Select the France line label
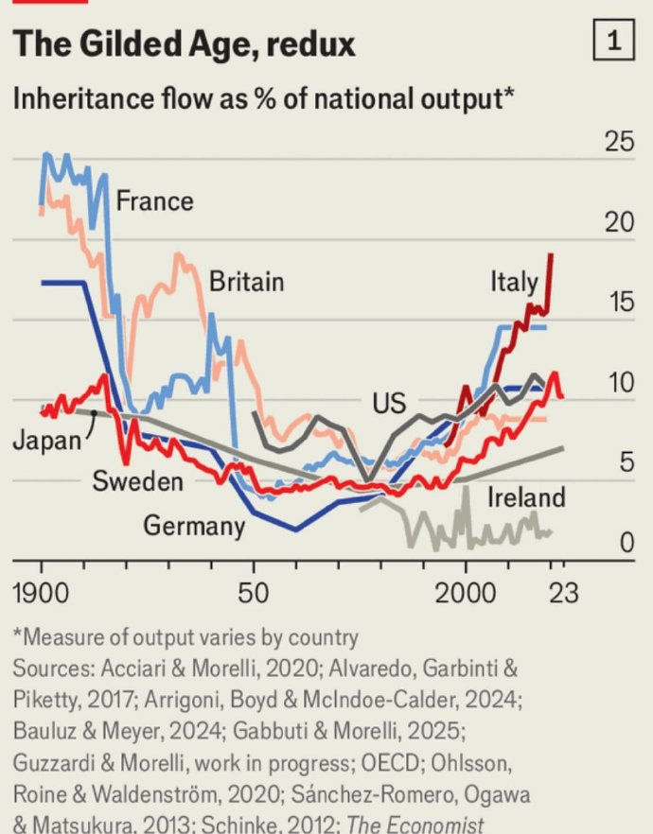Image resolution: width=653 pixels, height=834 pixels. point(154,200)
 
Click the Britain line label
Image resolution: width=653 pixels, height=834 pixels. point(246,281)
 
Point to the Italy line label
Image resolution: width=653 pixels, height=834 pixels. point(514,281)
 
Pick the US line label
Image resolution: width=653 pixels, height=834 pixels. point(388,404)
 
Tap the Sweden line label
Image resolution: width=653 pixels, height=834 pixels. point(137,481)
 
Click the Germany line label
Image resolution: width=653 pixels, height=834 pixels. point(194,525)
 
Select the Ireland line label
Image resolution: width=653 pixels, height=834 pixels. point(525,497)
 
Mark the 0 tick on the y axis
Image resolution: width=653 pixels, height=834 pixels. point(625,544)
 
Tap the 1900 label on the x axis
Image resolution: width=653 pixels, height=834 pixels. point(42,594)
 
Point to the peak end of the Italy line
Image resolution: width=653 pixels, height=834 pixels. point(551,255)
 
